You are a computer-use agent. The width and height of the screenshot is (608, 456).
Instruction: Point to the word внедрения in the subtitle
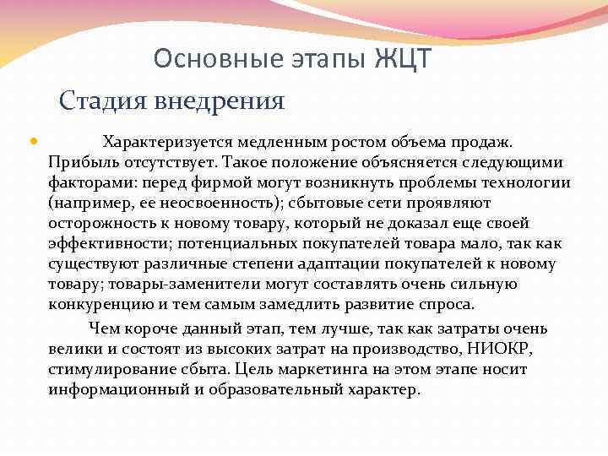(219, 101)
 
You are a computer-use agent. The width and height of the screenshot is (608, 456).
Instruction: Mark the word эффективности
(106, 243)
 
